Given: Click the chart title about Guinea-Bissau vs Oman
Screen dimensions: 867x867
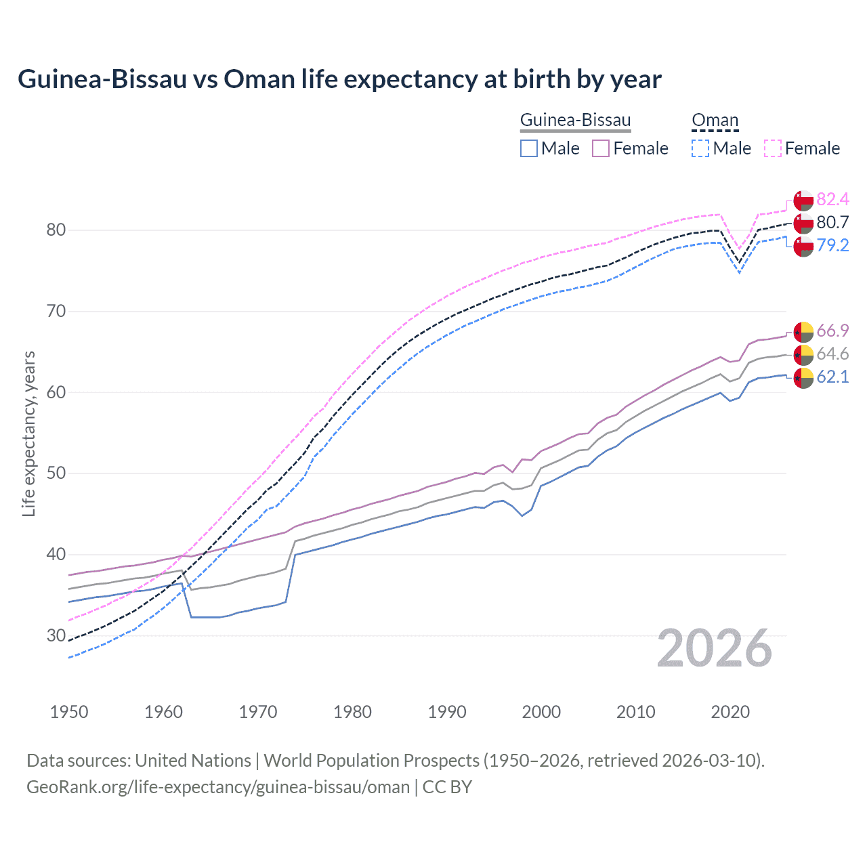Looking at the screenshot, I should click(339, 79).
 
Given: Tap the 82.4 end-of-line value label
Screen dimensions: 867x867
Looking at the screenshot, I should click(832, 199).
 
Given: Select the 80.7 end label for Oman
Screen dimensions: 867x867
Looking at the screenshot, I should click(832, 222).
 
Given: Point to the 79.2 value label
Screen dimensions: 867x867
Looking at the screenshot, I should click(832, 245).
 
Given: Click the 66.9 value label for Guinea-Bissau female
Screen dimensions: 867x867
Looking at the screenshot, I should click(832, 331).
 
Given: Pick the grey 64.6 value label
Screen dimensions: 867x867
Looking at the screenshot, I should click(832, 354).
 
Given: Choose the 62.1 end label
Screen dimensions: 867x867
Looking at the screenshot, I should click(832, 377).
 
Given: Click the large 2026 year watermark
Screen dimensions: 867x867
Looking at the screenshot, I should click(715, 648).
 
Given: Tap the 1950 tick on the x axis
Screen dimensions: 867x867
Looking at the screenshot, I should click(69, 712).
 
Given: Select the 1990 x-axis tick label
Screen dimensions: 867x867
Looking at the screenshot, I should click(447, 712).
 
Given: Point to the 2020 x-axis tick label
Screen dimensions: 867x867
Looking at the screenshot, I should click(730, 712).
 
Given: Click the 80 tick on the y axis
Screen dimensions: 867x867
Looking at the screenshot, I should click(56, 230).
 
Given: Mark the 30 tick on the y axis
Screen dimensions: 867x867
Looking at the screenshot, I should click(56, 635).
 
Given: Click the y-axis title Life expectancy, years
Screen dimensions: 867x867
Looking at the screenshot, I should click(28, 433).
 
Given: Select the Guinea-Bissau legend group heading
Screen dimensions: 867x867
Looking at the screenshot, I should click(575, 121).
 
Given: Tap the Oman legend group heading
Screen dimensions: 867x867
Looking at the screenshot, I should click(715, 121).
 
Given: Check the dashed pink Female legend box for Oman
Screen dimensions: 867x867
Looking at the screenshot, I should click(773, 148).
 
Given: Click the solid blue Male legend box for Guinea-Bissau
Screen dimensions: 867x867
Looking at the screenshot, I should click(529, 148).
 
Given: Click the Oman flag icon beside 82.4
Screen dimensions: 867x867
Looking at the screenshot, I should click(803, 200).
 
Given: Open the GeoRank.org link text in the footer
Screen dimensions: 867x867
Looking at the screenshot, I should click(218, 787).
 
